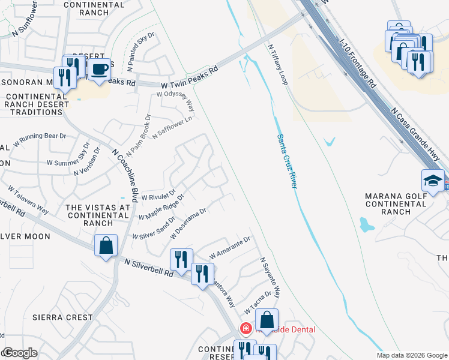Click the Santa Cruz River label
point(287,161)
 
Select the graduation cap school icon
point(433,181)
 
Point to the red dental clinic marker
point(245,329)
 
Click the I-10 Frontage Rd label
point(357,65)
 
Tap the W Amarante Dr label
point(229,248)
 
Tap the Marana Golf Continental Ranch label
point(396,204)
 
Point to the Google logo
point(20,353)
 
